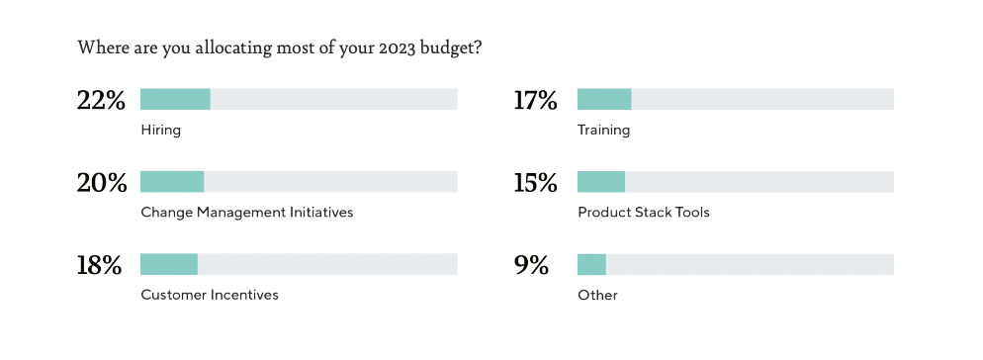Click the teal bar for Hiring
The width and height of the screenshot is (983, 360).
(176, 99)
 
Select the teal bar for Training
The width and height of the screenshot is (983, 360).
(604, 99)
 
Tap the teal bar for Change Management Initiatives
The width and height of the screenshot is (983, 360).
(172, 181)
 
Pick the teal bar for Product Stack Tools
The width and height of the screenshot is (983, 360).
(601, 181)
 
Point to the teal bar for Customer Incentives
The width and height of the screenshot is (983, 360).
(169, 264)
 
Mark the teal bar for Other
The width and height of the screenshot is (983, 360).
(591, 264)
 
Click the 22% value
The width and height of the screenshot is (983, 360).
(101, 100)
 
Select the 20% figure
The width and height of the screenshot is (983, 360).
(102, 183)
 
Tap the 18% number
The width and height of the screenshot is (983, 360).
(99, 265)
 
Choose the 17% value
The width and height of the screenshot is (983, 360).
(535, 100)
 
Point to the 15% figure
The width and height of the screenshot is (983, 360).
(535, 183)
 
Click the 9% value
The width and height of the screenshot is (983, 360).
(531, 265)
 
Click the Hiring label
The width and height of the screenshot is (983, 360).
(160, 131)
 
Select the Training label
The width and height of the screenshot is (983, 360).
(603, 131)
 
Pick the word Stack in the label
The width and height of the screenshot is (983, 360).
(648, 212)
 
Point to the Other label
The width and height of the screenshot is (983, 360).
(597, 295)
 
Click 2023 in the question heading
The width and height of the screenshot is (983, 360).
(398, 48)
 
